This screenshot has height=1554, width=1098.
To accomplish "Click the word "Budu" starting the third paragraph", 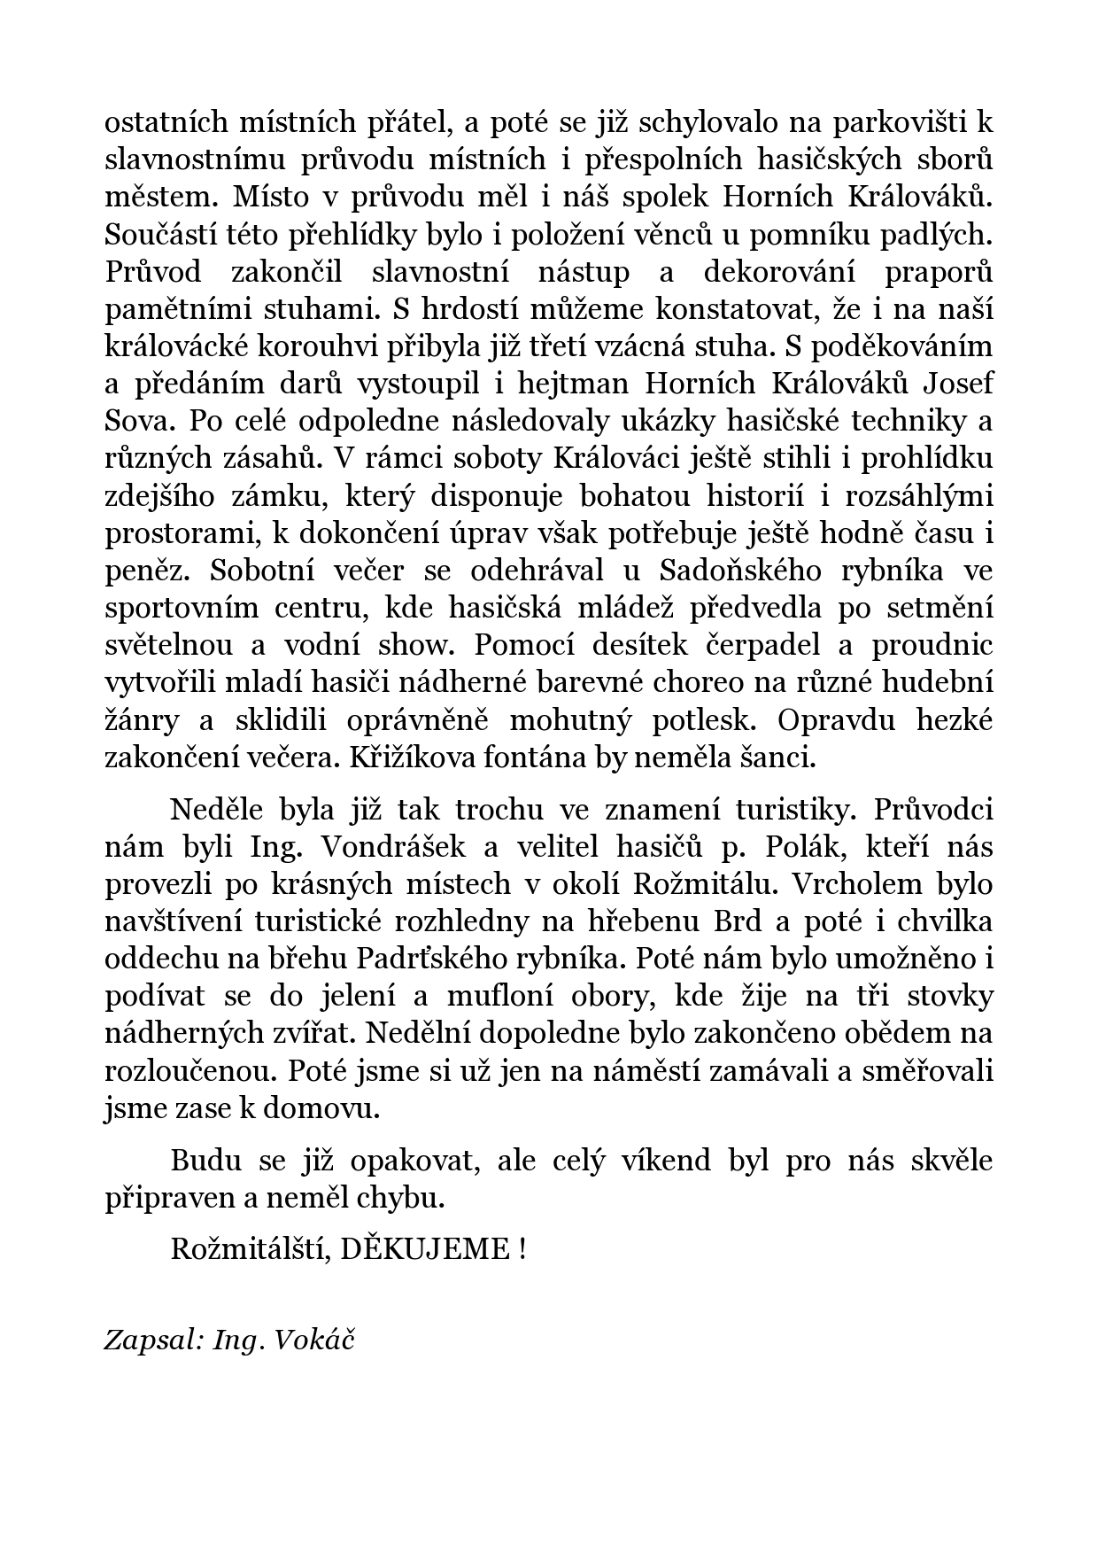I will tap(200, 1161).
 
